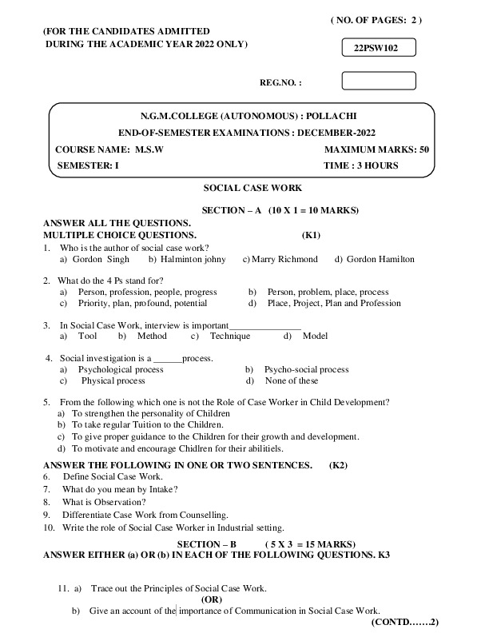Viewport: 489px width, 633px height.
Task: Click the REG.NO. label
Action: tap(281, 82)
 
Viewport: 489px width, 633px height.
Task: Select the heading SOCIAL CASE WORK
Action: tap(252, 188)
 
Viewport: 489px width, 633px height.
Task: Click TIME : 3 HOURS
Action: tap(361, 165)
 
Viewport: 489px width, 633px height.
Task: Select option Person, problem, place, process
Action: tap(328, 292)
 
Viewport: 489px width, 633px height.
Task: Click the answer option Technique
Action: tap(230, 336)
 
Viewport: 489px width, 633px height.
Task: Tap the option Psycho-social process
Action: tap(307, 369)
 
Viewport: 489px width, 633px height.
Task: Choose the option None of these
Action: tap(292, 381)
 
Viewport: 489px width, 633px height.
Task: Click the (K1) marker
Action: tap(311, 236)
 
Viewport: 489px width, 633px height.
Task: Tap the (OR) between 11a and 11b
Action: tap(212, 599)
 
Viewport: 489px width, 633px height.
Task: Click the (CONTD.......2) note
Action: tap(406, 621)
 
